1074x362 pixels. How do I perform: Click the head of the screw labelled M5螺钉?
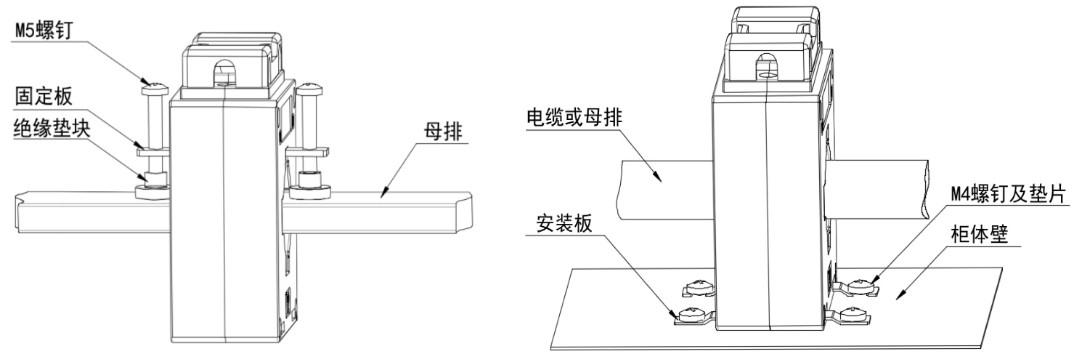[154, 89]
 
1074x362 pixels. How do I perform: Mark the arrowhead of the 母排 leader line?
[384, 194]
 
